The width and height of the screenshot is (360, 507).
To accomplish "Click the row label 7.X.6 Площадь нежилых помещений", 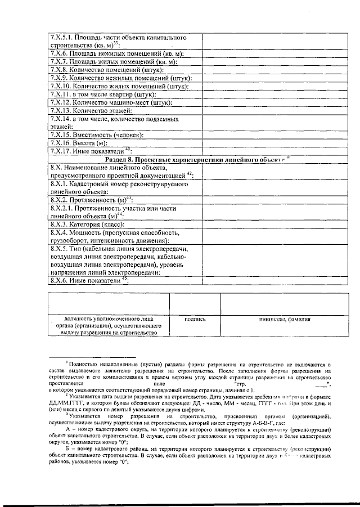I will pos(118,53).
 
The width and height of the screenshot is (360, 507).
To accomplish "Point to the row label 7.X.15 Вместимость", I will pos(97,135).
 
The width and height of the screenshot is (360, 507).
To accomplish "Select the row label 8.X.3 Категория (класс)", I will pos(87,223).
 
